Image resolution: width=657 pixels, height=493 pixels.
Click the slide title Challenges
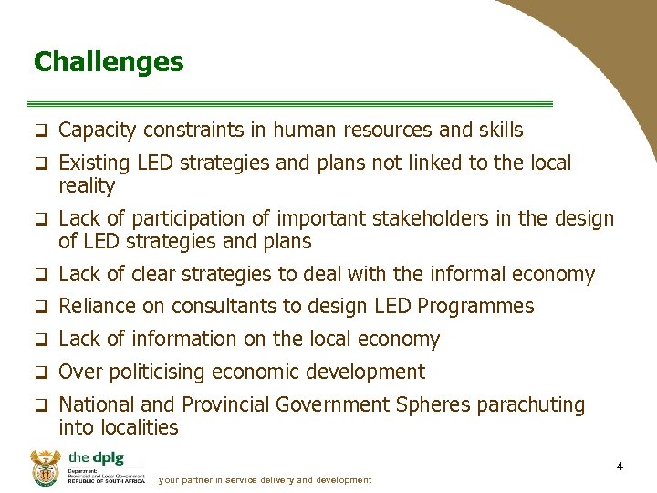click(x=109, y=62)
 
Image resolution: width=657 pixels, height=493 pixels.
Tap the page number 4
click(x=620, y=467)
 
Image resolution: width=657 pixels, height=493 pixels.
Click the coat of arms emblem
click(x=45, y=467)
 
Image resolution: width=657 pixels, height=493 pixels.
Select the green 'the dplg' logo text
click(x=95, y=457)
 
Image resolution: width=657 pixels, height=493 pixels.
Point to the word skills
click(x=500, y=131)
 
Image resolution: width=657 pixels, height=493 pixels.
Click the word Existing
click(x=95, y=163)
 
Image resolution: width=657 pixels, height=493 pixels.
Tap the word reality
click(x=87, y=186)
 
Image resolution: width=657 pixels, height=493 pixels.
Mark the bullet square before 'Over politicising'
click(x=40, y=372)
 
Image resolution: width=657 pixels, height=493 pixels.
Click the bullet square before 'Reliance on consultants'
click(x=40, y=307)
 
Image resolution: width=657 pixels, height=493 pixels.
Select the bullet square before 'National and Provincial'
click(x=40, y=405)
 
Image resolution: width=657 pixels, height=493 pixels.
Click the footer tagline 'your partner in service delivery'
click(x=265, y=479)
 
